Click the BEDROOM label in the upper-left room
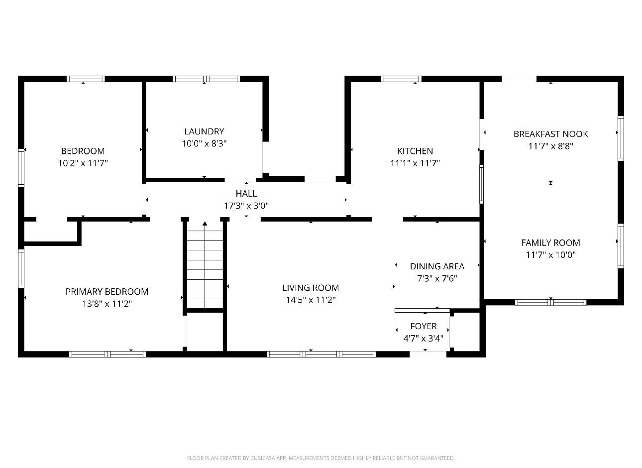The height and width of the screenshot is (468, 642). pos(83,151)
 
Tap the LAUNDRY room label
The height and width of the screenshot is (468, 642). pos(204,131)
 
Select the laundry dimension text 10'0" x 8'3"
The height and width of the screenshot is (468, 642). pos(204,143)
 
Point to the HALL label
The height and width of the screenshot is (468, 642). pos(246,193)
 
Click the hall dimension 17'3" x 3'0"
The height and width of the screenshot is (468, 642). pos(246,205)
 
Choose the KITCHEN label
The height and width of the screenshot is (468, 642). pos(415,151)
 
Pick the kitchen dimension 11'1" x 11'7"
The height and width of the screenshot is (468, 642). pos(415,163)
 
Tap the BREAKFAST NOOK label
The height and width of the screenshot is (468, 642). pos(550,134)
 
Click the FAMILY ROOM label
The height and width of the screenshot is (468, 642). pos(550,243)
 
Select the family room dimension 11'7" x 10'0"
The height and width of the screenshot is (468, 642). pos(550,255)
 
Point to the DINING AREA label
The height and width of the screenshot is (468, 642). pos(437,266)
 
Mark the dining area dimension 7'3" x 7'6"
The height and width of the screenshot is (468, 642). pos(437,278)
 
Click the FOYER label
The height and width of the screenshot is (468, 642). pos(423,326)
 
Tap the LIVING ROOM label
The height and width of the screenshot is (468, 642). pos(311,288)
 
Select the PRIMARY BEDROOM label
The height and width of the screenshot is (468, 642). pos(107,292)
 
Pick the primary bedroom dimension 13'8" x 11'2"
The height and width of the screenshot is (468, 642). pos(107,304)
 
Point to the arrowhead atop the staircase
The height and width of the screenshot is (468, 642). pos(205,224)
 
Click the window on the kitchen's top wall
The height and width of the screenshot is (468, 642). pos(401,79)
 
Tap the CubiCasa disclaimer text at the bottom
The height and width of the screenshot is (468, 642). pos(321,458)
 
